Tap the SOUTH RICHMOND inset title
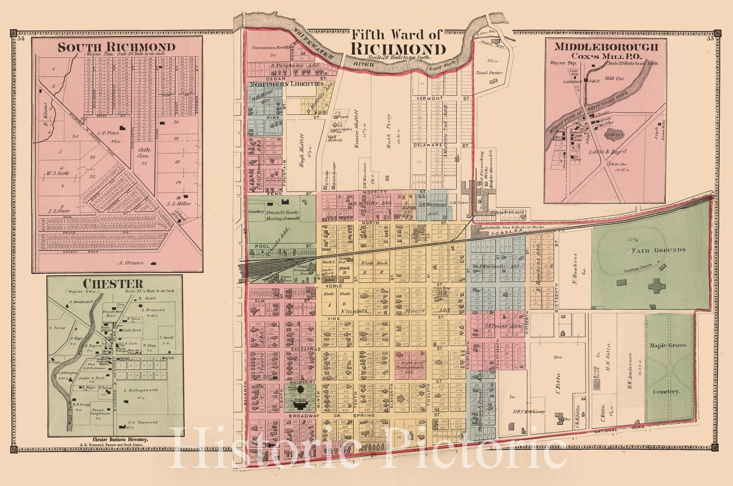tap(116, 47)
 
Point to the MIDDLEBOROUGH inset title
tap(607, 47)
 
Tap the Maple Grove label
tap(668, 345)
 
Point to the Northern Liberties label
tap(286, 84)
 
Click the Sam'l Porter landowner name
tap(489, 73)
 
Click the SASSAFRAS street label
tap(301, 349)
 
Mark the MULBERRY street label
tap(301, 381)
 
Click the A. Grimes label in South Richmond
tap(131, 263)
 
